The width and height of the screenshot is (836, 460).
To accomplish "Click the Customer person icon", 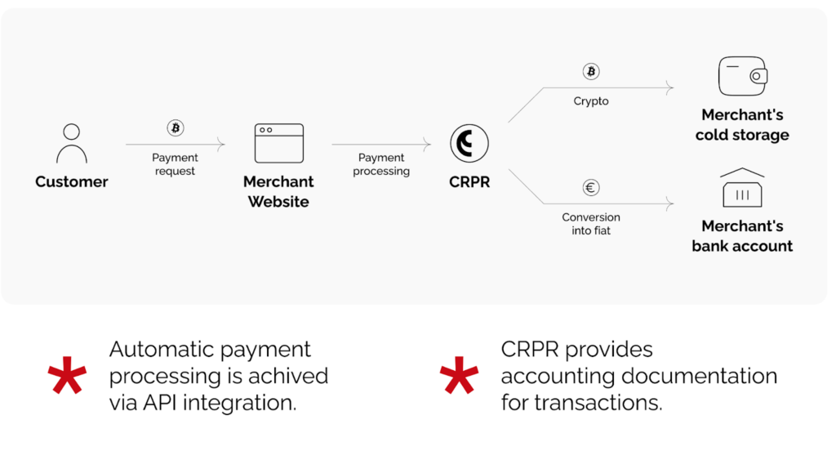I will point(71,143).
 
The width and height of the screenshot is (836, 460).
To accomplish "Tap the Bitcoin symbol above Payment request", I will point(176,128).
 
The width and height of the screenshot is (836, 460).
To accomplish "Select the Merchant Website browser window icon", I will point(278,143).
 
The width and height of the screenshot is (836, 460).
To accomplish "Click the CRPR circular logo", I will point(469,144).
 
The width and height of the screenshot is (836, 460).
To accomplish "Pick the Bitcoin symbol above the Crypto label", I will point(591,72).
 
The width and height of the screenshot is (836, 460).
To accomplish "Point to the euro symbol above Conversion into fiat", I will point(591,188).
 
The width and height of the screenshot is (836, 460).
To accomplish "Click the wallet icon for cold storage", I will point(742,77).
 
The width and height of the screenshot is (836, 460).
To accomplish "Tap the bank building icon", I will point(742,189).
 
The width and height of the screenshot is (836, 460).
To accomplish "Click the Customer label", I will point(72,181).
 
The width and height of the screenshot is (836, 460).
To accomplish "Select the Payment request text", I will point(175,164).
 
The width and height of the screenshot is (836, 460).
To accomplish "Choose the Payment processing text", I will point(381,164).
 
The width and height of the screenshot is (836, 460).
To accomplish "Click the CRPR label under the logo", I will point(469,182).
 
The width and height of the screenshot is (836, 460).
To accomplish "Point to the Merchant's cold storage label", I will point(742,125).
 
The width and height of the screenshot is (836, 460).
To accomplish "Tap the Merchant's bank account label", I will point(742,235).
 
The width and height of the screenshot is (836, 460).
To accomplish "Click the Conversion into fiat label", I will point(591,224).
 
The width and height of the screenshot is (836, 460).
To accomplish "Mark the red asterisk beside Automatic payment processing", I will point(67,377).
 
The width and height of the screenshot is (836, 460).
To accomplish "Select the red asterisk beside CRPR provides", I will point(459,377).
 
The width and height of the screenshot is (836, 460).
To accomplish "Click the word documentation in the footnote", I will point(699,376).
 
